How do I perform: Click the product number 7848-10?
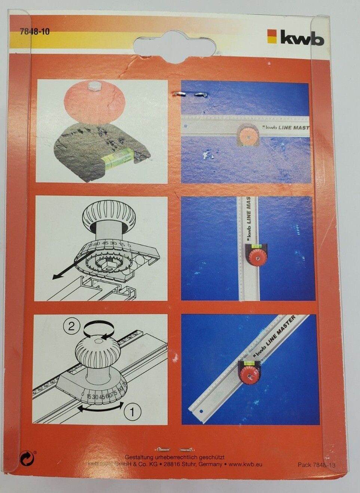pyautogui.click(x=34, y=32)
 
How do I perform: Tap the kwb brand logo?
pyautogui.click(x=296, y=37)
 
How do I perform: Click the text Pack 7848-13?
pyautogui.click(x=316, y=465)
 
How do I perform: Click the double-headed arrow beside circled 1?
pyautogui.click(x=100, y=409)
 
